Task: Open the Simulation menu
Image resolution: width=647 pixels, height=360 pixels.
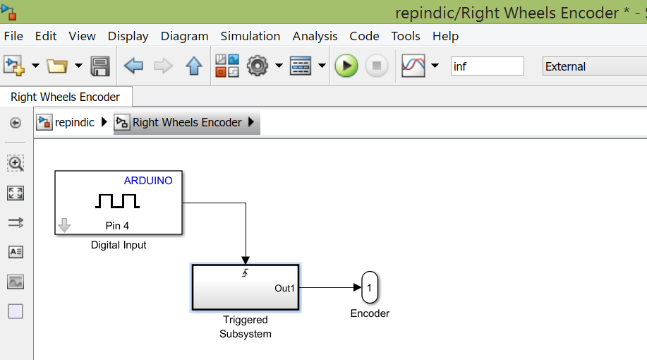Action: coord(250,36)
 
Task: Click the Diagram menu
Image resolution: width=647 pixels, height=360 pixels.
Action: coord(184,36)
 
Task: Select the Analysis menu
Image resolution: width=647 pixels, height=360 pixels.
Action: coord(315,36)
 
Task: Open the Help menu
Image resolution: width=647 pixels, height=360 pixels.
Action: coord(445,36)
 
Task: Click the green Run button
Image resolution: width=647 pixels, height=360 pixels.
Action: coord(346,66)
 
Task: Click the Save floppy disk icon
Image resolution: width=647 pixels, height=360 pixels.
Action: coord(100,66)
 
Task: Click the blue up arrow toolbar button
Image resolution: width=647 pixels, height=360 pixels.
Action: coord(194,66)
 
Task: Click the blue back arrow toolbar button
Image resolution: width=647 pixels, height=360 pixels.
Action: coord(133,66)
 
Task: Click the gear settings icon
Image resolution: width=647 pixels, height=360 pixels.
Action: coord(258,66)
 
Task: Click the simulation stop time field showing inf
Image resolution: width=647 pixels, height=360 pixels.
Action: coord(487,66)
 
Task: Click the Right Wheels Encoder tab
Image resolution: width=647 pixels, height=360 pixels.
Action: coord(65,97)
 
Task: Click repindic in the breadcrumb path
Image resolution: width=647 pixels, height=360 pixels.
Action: coord(74,122)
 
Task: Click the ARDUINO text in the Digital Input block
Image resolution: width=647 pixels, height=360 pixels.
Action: coord(148,181)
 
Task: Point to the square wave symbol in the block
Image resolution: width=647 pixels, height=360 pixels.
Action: coord(117,202)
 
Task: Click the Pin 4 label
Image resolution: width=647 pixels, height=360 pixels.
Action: coord(117,226)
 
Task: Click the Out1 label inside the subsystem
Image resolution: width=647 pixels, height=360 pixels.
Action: coord(285,288)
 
